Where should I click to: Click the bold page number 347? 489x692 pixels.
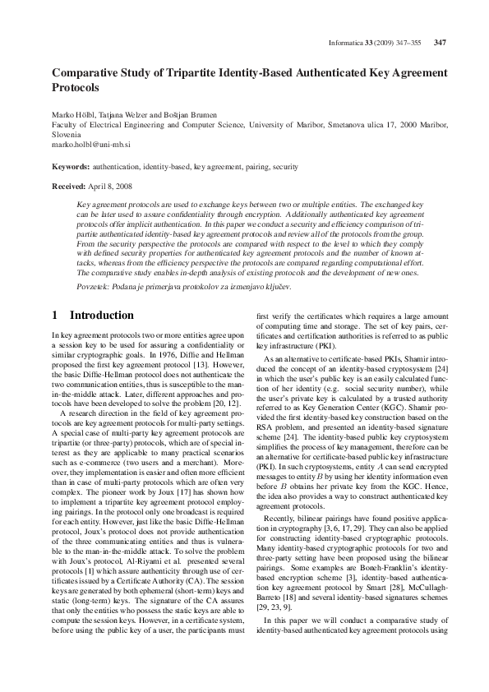(440, 43)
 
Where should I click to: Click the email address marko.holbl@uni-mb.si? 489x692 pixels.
(92, 142)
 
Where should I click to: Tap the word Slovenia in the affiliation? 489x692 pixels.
(67, 132)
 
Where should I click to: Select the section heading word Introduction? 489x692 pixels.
(102, 316)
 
